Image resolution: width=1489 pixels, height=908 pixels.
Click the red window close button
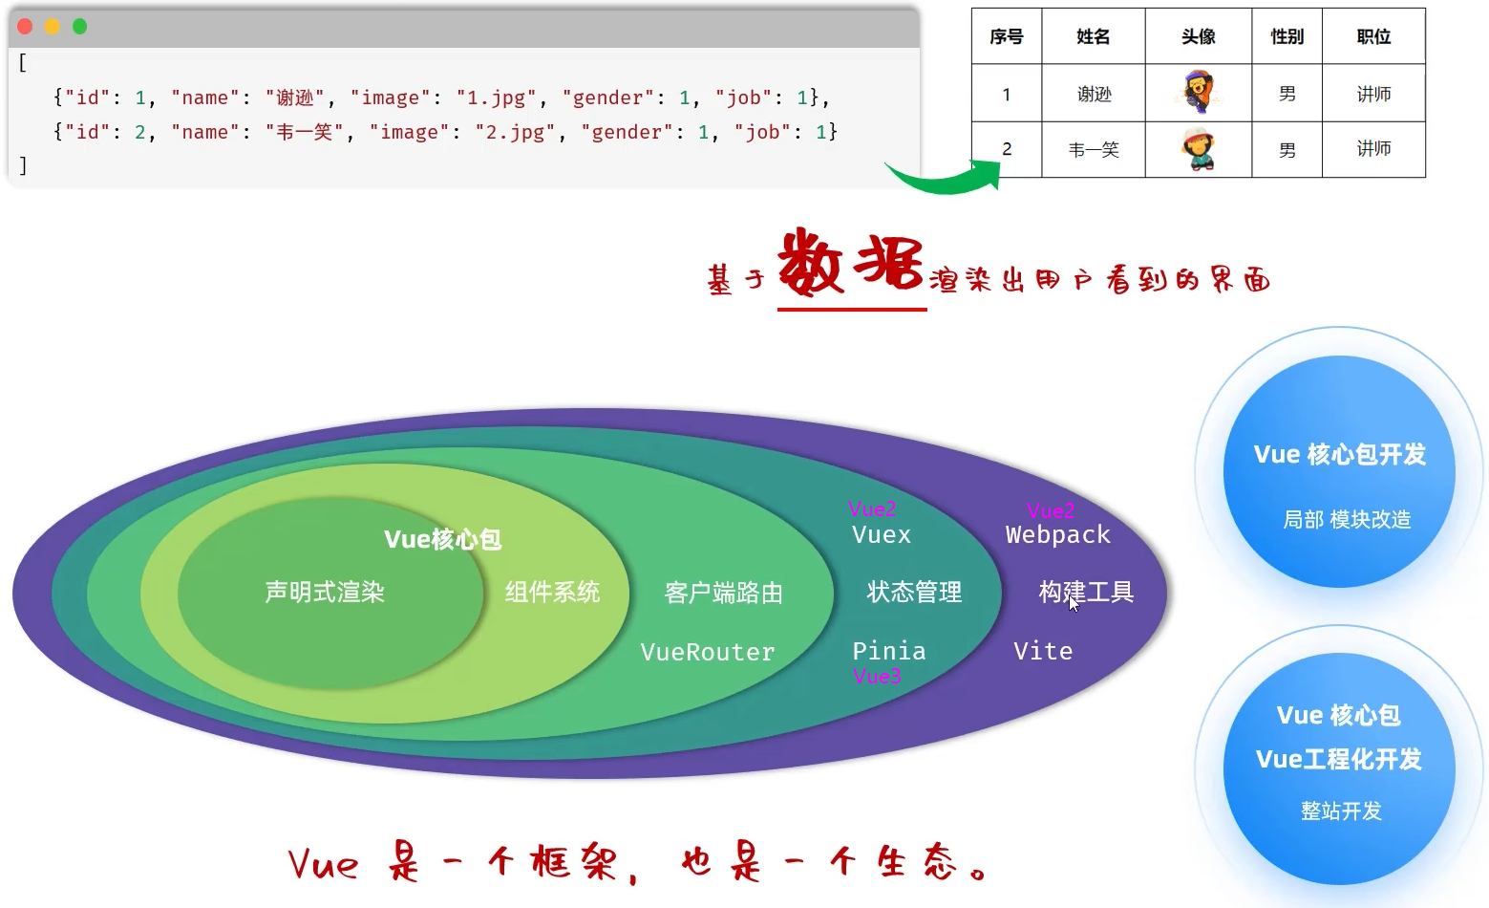(x=25, y=27)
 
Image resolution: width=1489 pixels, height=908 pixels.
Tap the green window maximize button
(x=80, y=27)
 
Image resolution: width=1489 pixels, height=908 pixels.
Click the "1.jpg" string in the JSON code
(x=496, y=97)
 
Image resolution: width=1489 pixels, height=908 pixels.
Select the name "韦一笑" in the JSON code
(x=304, y=132)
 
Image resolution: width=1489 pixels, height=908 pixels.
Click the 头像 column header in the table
(x=1198, y=36)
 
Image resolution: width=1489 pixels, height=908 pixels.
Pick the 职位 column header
(x=1373, y=36)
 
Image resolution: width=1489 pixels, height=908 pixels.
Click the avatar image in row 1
(x=1198, y=93)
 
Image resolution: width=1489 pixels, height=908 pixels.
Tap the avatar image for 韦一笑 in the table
(x=1198, y=149)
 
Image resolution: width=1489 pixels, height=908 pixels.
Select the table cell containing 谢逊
(x=1094, y=94)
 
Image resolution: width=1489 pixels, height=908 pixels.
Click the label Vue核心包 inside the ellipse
(x=442, y=539)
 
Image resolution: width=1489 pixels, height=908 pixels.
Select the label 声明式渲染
(x=325, y=593)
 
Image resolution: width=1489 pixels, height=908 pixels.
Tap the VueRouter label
(x=708, y=652)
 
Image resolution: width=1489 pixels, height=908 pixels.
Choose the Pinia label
(x=889, y=651)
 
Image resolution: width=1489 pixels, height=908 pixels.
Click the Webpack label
(x=1058, y=534)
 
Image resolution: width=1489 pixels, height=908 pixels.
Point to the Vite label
(x=1043, y=651)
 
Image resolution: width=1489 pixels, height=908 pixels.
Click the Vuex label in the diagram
(x=882, y=534)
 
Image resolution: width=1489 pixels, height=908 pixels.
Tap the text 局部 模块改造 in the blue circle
(x=1347, y=519)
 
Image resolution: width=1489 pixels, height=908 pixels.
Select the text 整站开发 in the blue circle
(x=1341, y=811)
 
